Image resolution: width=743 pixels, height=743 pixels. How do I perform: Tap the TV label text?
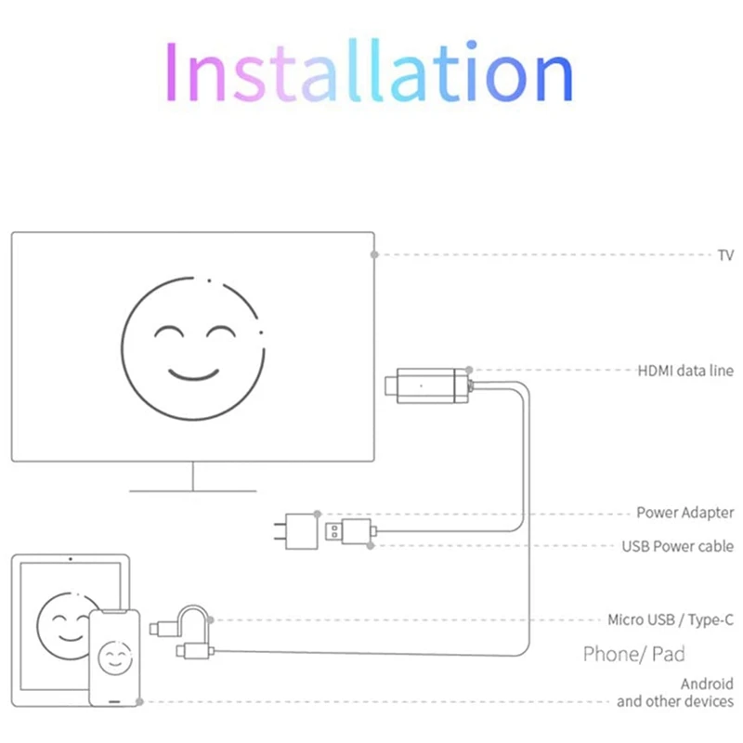725,254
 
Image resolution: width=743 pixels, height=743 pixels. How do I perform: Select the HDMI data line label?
685,371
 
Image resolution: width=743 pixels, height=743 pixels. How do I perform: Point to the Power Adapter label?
684,513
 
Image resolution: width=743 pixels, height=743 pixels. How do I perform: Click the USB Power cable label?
677,546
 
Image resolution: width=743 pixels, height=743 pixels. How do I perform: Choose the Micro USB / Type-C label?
671,619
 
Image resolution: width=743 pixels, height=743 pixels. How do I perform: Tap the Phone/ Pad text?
633,654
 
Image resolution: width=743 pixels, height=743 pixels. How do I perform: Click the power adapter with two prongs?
301,531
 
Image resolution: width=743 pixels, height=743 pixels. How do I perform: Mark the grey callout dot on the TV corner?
374,254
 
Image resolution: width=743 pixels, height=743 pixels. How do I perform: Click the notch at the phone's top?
115,614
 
